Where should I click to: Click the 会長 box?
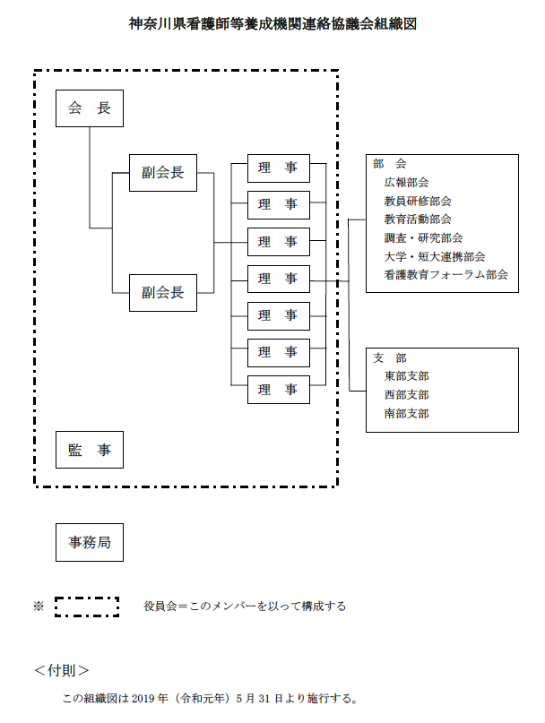[x=89, y=108]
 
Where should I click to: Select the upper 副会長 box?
[x=162, y=173]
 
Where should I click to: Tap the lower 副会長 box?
[x=162, y=292]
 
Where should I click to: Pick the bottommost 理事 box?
[x=278, y=390]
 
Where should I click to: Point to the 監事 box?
[x=89, y=450]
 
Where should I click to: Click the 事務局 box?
[x=89, y=542]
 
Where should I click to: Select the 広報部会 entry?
[x=406, y=182]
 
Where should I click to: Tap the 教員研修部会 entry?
[x=417, y=201]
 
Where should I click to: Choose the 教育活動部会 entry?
[x=417, y=219]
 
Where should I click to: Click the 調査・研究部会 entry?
[x=423, y=237]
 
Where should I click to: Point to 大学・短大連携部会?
[x=435, y=256]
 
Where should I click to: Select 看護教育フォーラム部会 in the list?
[x=446, y=275]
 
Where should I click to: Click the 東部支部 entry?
[x=406, y=376]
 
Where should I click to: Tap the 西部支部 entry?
[x=406, y=395]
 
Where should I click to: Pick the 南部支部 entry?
[x=406, y=414]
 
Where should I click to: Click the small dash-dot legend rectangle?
[x=87, y=607]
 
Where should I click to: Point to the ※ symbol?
[x=39, y=607]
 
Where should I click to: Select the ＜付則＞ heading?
[x=62, y=670]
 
